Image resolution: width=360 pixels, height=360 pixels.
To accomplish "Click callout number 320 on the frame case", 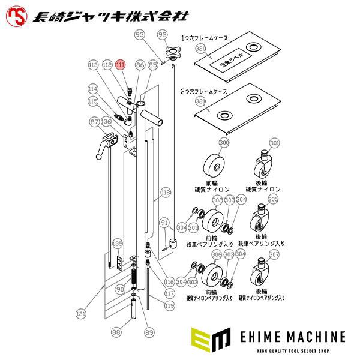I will pyautogui.click(x=201, y=48).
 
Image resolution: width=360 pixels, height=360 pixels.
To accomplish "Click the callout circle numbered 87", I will pyautogui.click(x=94, y=122).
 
